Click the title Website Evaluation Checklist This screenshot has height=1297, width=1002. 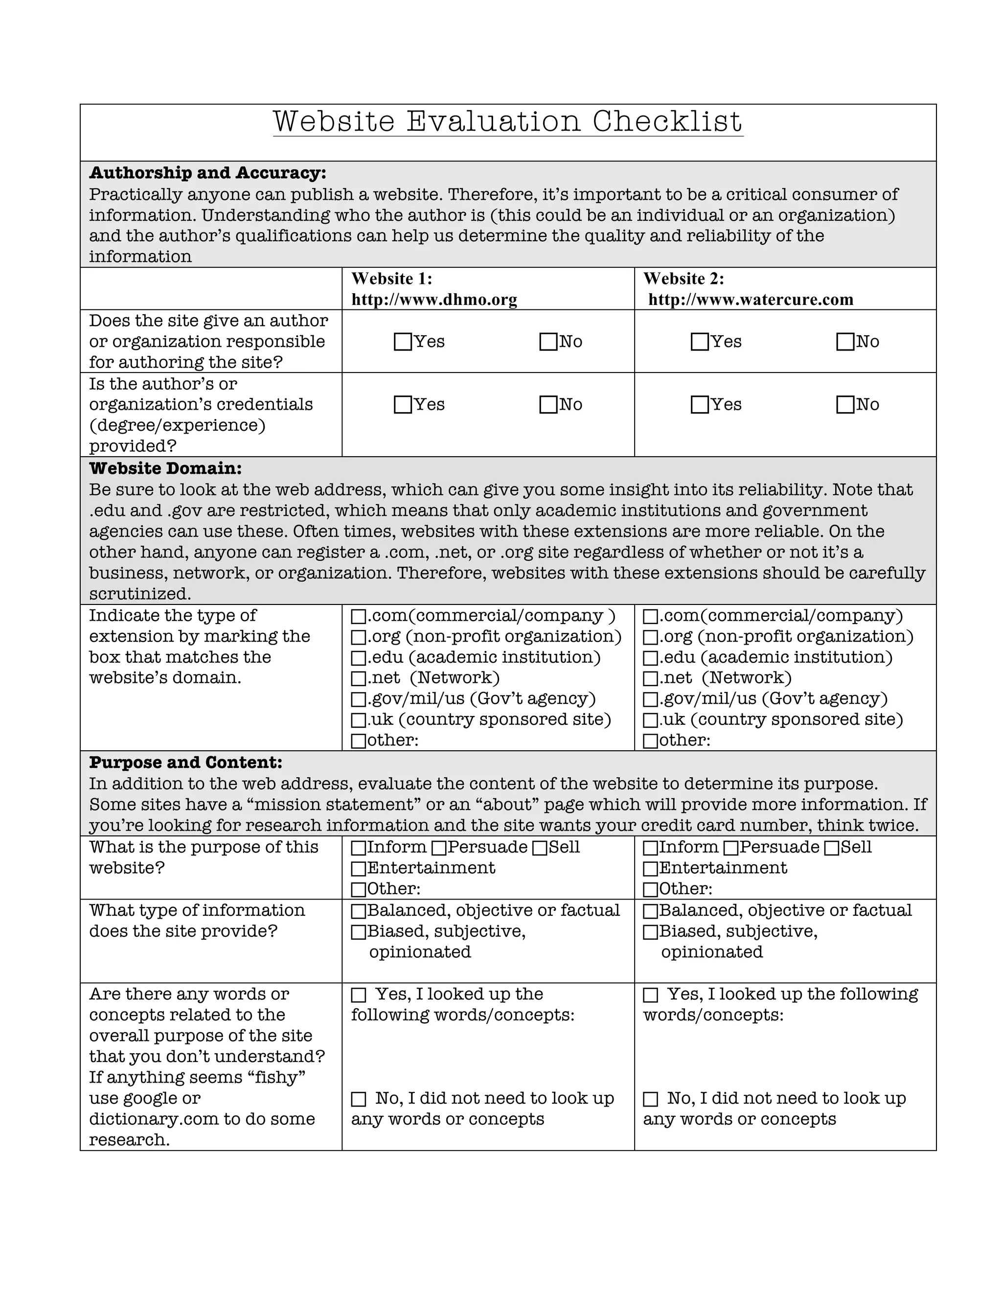coord(507,122)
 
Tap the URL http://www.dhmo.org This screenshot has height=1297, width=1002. coord(434,300)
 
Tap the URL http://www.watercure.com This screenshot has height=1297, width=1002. coord(751,300)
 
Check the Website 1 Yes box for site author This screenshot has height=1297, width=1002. coord(403,342)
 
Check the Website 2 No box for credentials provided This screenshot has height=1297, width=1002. coord(844,405)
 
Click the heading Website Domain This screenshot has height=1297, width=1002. coord(165,468)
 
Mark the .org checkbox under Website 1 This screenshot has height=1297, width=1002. coord(359,637)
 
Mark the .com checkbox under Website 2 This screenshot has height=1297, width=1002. coord(651,616)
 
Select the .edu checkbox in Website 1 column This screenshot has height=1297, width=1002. coord(359,658)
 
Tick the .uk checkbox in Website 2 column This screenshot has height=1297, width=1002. coord(651,720)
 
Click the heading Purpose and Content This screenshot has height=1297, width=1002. coord(185,763)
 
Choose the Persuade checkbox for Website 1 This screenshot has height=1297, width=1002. coord(439,848)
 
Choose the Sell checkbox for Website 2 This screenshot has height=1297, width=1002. coord(832,848)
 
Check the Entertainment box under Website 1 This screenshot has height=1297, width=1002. coord(359,869)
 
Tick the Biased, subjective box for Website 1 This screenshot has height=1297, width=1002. coord(359,932)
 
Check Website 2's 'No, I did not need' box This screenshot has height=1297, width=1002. coord(651,1099)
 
